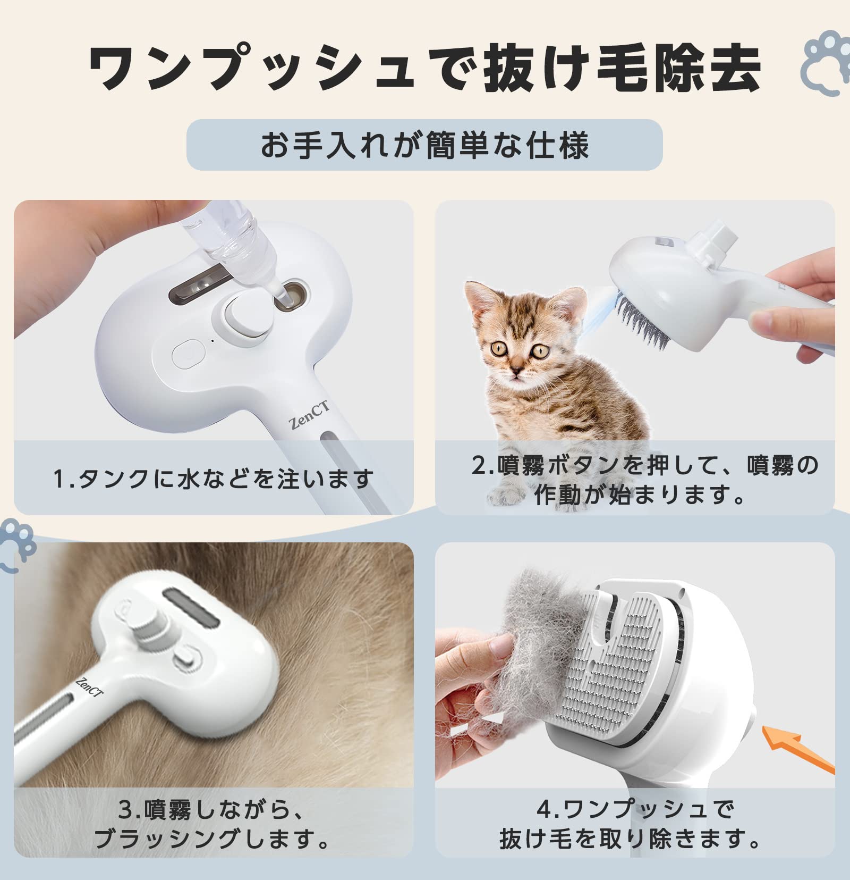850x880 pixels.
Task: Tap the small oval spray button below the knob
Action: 188,353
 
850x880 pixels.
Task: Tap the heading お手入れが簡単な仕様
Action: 424,145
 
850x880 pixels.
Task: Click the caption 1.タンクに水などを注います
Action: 212,478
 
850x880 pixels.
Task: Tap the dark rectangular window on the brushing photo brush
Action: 190,607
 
